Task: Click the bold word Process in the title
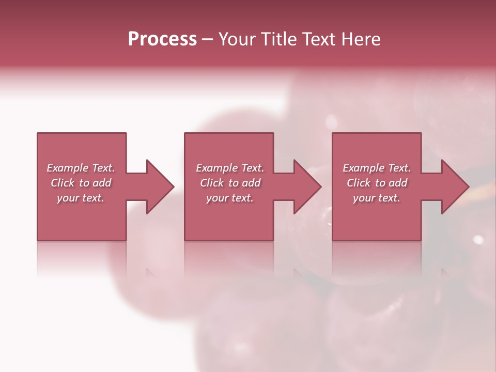click(x=162, y=39)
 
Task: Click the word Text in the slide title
click(x=319, y=39)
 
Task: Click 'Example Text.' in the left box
click(x=81, y=168)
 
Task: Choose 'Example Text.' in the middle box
click(x=230, y=168)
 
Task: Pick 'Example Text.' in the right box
click(x=377, y=168)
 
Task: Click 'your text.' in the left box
click(x=81, y=198)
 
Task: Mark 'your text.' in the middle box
click(x=230, y=198)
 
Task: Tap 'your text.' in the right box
click(x=377, y=198)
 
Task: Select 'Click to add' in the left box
click(x=81, y=183)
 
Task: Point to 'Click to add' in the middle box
click(x=230, y=183)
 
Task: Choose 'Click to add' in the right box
click(x=377, y=183)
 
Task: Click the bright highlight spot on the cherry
click(x=478, y=239)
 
